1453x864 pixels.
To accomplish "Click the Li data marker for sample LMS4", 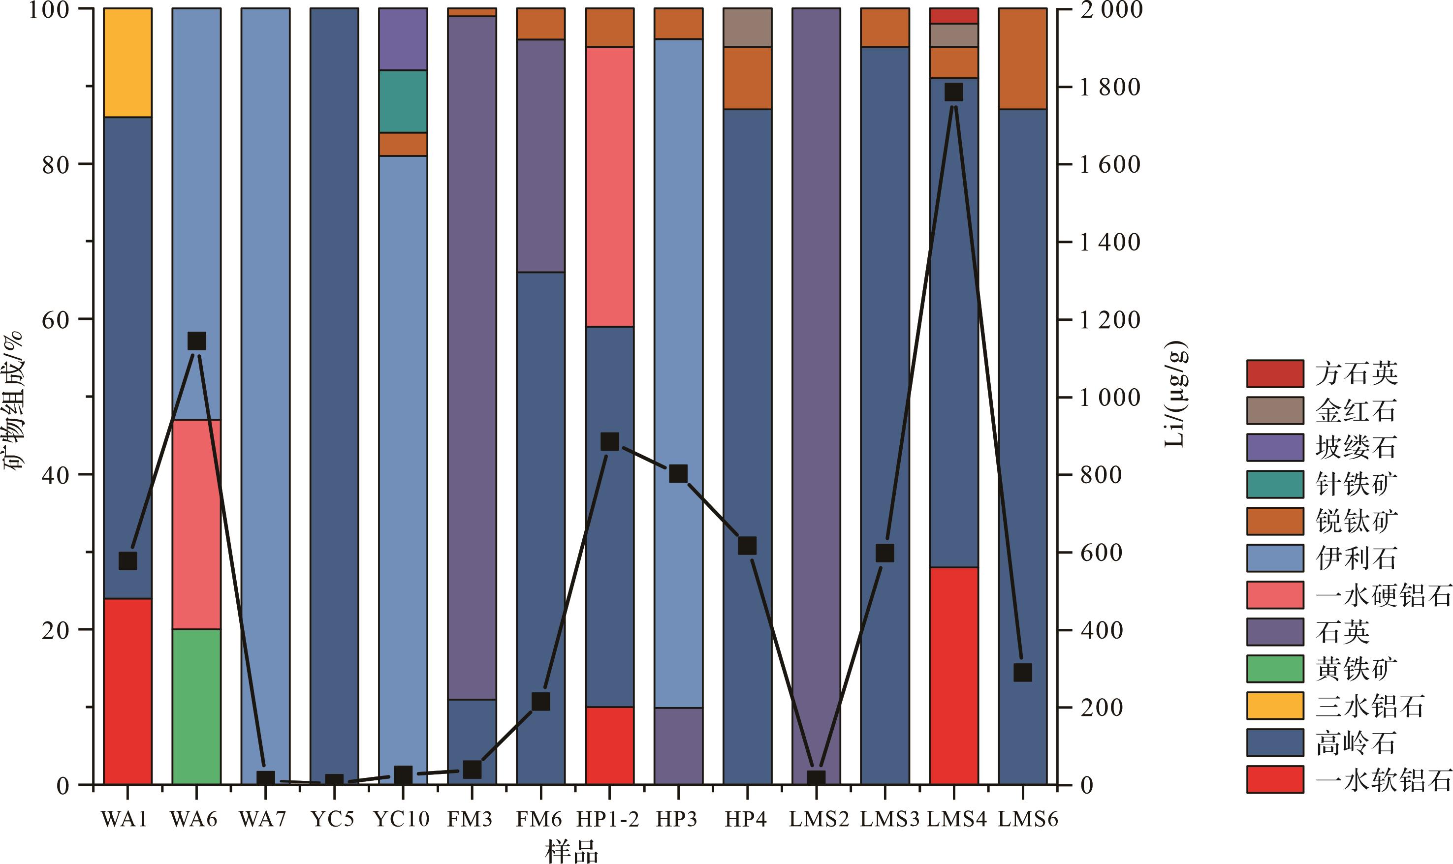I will tap(954, 93).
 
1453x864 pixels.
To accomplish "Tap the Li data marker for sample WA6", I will tap(197, 341).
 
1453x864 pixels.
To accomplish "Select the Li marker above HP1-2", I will tap(610, 442).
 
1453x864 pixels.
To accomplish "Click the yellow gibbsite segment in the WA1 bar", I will tap(127, 63).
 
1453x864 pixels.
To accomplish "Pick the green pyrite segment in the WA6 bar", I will tap(197, 707).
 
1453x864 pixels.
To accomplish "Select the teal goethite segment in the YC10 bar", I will tap(403, 101).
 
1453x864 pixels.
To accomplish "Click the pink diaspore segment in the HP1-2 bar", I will tap(610, 186).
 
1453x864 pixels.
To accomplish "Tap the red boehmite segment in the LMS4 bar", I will tap(954, 676).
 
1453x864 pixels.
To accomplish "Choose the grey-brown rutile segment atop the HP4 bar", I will tap(747, 28).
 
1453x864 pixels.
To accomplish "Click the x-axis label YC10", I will tap(401, 820).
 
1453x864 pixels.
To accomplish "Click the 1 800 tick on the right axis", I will tap(1110, 87).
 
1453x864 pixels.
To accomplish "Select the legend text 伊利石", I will tap(1356, 558).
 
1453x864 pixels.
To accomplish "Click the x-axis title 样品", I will tap(571, 851).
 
